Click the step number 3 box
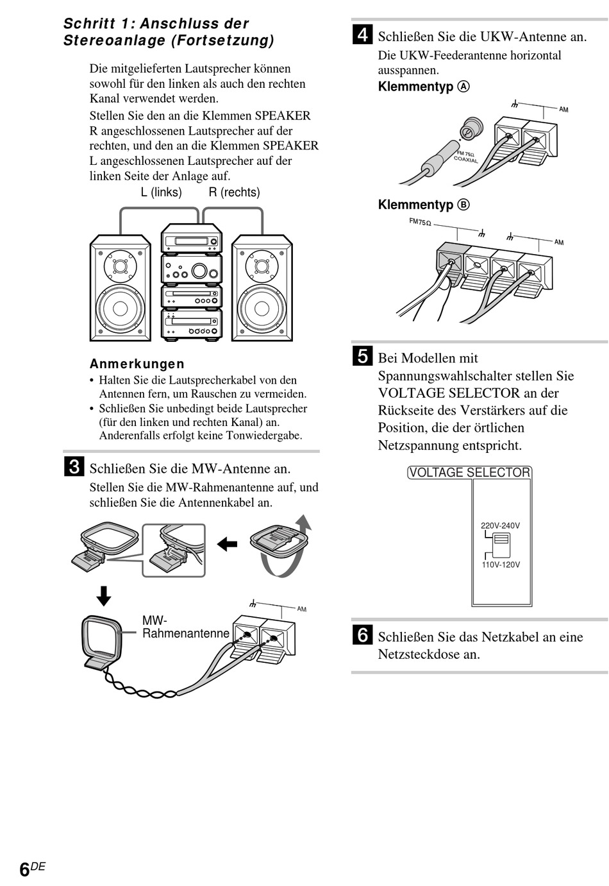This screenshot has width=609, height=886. pos(74,467)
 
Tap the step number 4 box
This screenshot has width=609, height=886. pos(362,35)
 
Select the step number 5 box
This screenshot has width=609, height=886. pos(362,356)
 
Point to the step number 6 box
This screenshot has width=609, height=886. pos(362,635)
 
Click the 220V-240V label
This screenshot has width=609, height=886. pos(500,525)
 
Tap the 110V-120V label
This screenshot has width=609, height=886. pos(501,565)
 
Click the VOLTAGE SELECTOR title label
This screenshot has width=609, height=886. pos(470,473)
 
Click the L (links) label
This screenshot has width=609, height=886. pos(161,192)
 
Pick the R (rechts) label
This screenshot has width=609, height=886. pos(234,192)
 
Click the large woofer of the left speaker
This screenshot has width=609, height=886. pos(120,309)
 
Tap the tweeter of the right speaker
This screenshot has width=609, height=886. pos(262,266)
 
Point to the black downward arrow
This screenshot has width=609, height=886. pos(103,595)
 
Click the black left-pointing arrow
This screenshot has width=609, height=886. pos(227,545)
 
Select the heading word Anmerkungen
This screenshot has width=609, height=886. pos(137,364)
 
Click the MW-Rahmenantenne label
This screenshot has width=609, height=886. pos(185,627)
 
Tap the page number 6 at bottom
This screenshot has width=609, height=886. pos(24,870)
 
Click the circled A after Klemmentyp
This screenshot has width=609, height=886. pos(463,87)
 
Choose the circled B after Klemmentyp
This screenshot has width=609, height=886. pos(463,205)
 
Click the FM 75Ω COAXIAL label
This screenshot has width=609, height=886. pos(466,156)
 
